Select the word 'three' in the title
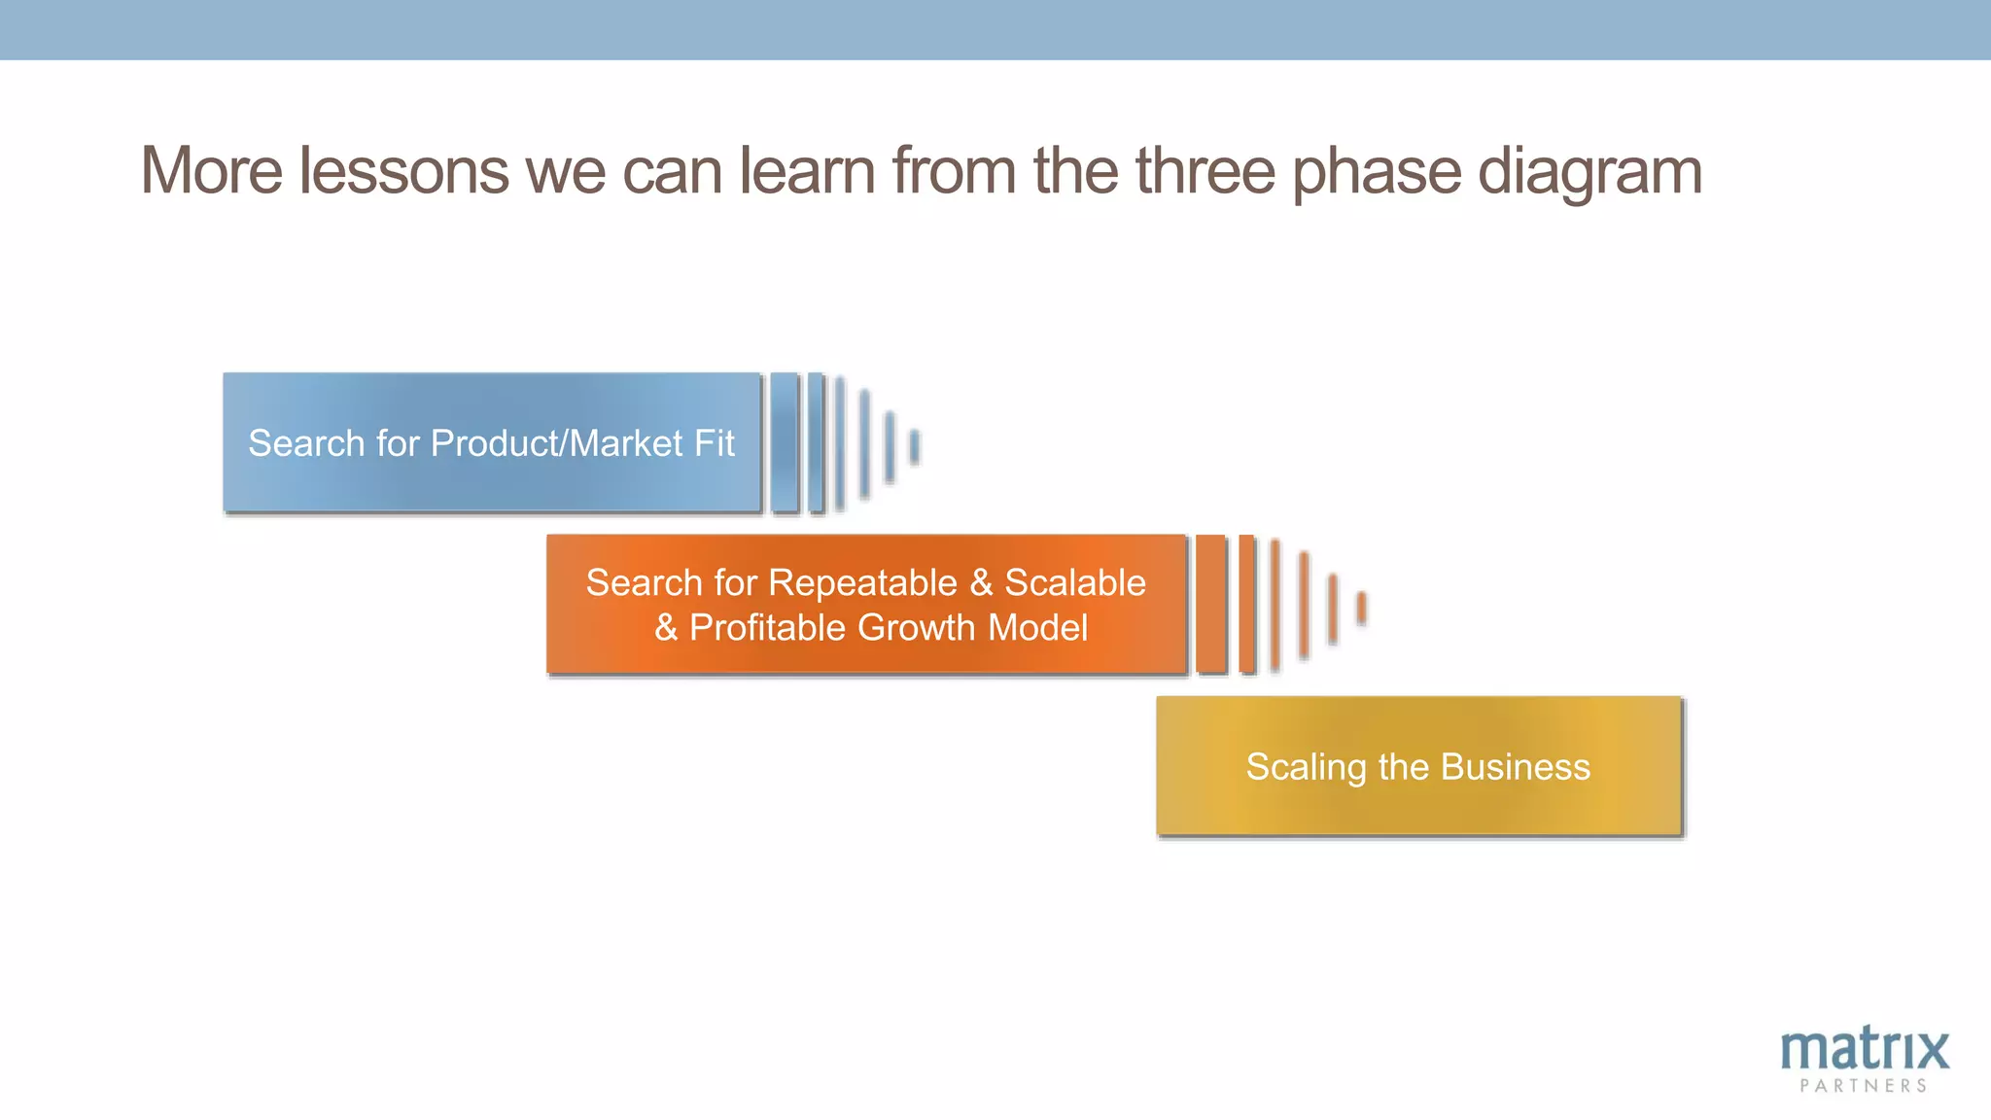1205,171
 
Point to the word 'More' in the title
211,171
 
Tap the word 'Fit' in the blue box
715,443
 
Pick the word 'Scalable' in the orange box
1074,583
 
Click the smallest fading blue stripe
914,446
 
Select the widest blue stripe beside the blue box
785,442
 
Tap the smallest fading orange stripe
1362,608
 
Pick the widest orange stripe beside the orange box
1211,604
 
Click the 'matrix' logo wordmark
1864,1050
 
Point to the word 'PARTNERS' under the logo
1863,1086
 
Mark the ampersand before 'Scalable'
981,583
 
